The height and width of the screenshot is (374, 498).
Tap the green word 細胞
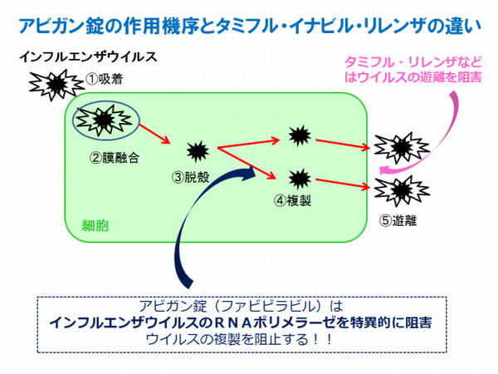(x=95, y=225)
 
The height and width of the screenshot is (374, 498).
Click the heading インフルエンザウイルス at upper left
(x=87, y=59)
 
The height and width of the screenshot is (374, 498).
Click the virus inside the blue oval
(x=102, y=121)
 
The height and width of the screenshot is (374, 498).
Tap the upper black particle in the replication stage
(x=299, y=135)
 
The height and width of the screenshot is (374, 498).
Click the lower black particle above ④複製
(x=299, y=177)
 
